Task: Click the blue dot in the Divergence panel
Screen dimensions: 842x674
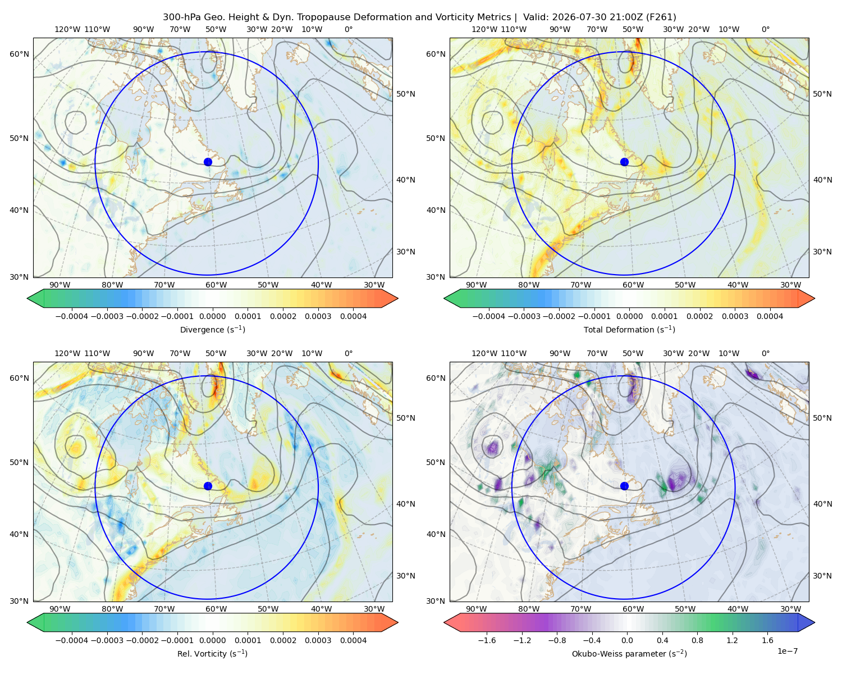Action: [x=208, y=162]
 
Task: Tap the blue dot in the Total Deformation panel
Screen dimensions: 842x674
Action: [x=624, y=162]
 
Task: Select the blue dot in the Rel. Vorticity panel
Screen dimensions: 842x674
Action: [x=208, y=486]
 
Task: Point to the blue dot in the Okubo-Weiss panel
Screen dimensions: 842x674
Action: [x=624, y=486]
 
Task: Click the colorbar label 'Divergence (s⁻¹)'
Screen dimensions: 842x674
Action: [x=212, y=329]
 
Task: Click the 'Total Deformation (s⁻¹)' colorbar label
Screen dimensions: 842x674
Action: [x=629, y=329]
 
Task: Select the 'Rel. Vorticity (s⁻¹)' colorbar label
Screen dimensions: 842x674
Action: [x=212, y=653]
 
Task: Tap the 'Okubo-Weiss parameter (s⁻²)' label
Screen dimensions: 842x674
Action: [x=629, y=653]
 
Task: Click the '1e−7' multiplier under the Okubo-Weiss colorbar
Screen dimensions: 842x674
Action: [x=787, y=651]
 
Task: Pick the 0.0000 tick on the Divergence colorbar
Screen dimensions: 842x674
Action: [x=212, y=316]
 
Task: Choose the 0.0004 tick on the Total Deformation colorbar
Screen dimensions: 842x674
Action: [x=770, y=316]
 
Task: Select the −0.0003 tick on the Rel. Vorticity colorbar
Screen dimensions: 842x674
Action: [x=107, y=640]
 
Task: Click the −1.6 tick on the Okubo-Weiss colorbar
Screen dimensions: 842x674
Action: [x=487, y=640]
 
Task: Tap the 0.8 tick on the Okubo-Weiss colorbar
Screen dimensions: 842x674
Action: [x=697, y=640]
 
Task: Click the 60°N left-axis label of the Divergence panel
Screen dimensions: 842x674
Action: [x=19, y=54]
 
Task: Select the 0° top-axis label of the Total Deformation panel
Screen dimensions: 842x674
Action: [x=766, y=29]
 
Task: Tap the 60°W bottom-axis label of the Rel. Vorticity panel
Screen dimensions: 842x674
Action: [x=216, y=609]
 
